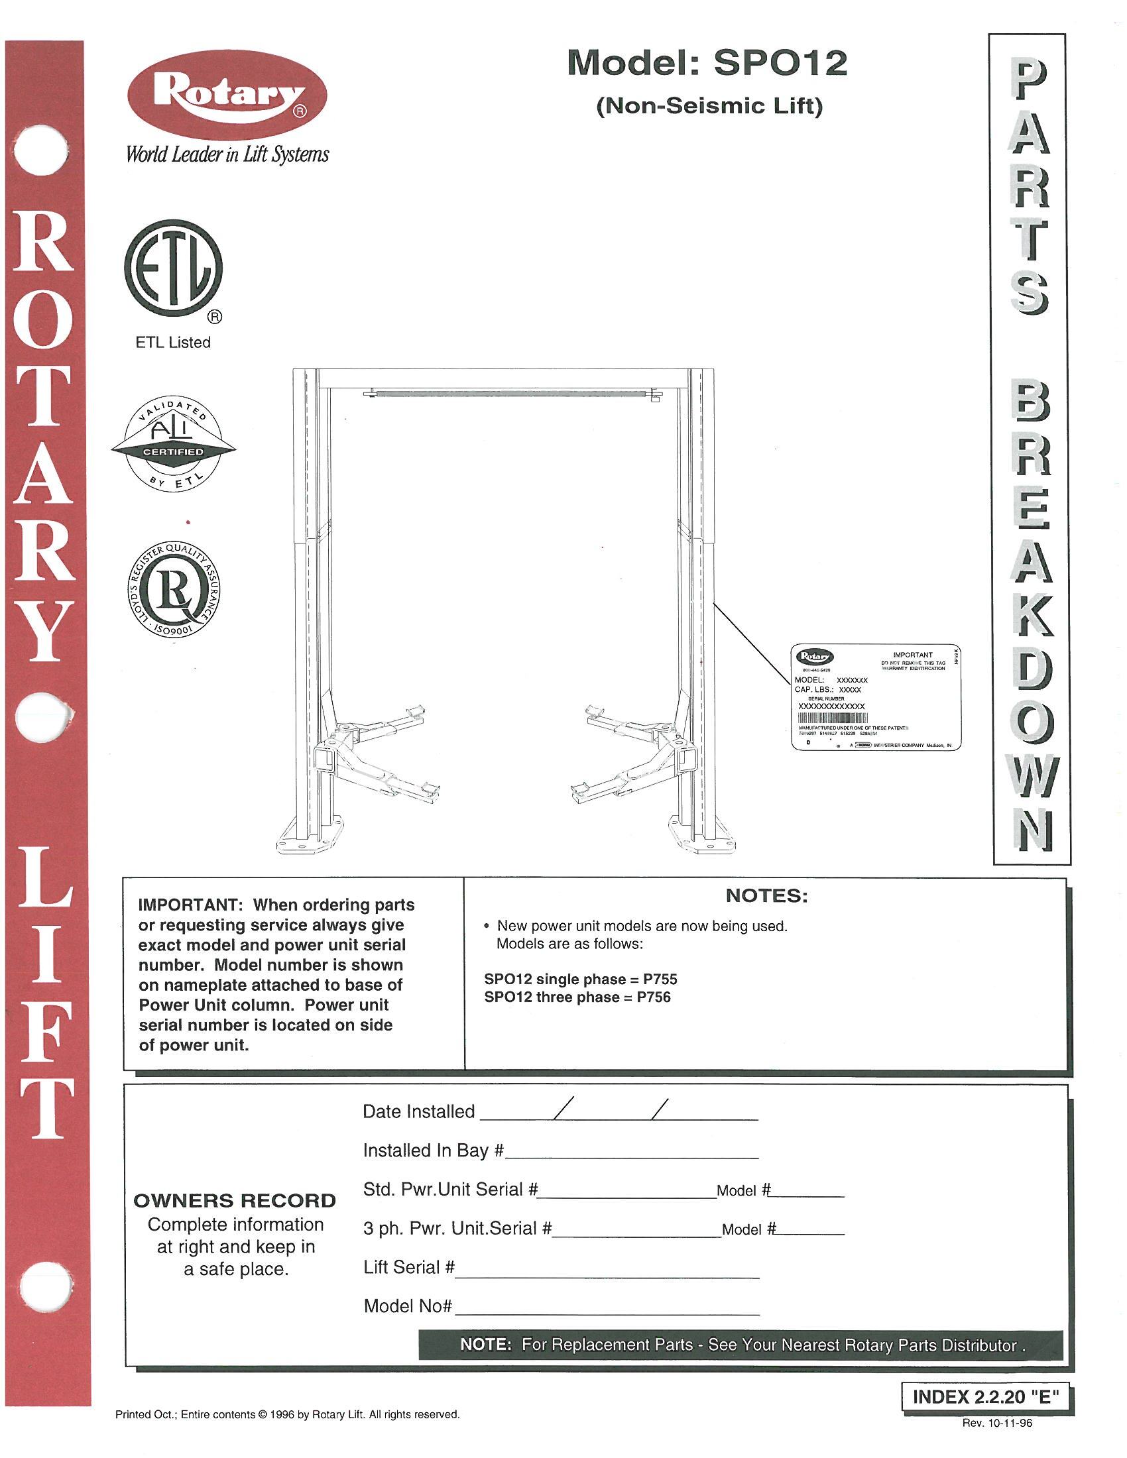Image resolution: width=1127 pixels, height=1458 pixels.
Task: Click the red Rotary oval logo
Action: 227,97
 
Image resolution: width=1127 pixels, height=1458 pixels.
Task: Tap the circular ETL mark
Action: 173,269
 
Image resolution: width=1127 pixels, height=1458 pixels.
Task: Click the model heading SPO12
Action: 707,64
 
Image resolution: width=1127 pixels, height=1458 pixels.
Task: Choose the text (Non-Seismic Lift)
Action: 709,107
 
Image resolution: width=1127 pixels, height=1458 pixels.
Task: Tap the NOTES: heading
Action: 766,896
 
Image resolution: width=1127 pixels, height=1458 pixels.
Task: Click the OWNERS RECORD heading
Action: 235,1201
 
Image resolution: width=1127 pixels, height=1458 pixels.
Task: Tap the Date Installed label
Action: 418,1111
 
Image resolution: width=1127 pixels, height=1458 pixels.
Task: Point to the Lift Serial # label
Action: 409,1267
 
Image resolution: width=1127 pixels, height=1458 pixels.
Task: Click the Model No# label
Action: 408,1306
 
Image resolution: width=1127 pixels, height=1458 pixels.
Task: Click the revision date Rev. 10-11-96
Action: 997,1423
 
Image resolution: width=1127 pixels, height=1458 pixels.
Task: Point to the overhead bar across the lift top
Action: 507,394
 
